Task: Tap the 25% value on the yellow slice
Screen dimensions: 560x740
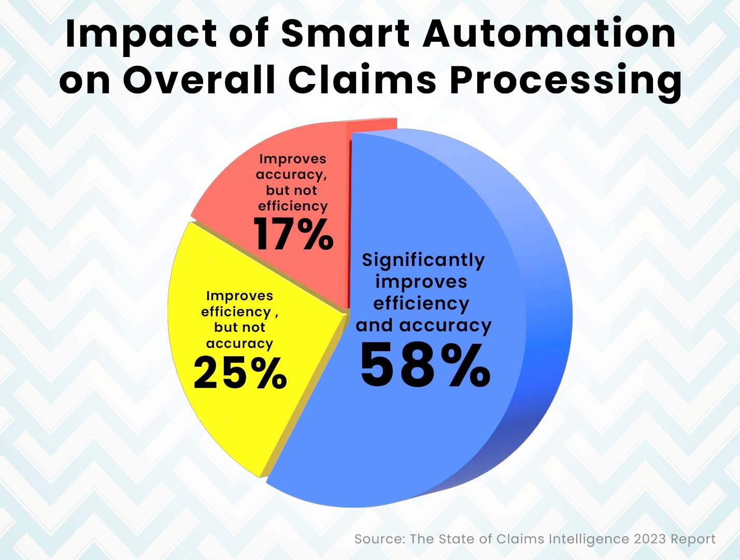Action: coord(240,373)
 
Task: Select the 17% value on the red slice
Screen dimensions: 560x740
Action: coord(293,234)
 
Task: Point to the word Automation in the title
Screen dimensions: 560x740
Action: coord(549,33)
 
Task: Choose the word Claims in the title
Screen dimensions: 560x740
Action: coord(362,80)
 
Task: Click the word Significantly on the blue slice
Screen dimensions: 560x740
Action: coord(423,260)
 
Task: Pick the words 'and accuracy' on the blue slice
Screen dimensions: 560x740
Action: coord(423,325)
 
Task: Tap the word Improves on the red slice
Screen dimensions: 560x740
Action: coord(293,159)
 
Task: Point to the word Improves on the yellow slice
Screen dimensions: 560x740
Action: coord(239,296)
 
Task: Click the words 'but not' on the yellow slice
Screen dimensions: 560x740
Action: coord(239,327)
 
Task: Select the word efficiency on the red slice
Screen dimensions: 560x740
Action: coord(293,206)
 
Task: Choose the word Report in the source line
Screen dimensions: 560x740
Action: coord(693,539)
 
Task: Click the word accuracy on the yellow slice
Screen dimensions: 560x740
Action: coord(239,343)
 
